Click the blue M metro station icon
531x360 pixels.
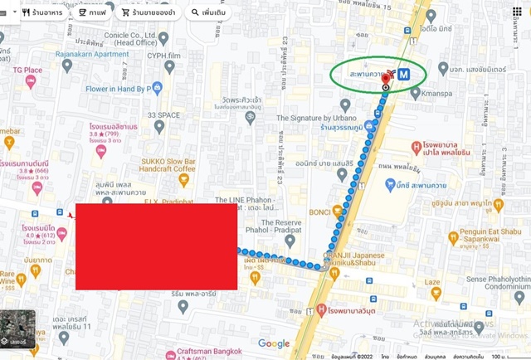pos(404,75)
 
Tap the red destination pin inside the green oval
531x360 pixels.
pos(387,76)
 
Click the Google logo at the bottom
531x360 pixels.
pos(274,343)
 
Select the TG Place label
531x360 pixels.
pos(27,71)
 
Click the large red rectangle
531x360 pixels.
pos(156,246)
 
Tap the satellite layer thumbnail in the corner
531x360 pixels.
pos(17,328)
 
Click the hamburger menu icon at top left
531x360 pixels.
pos(5,13)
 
